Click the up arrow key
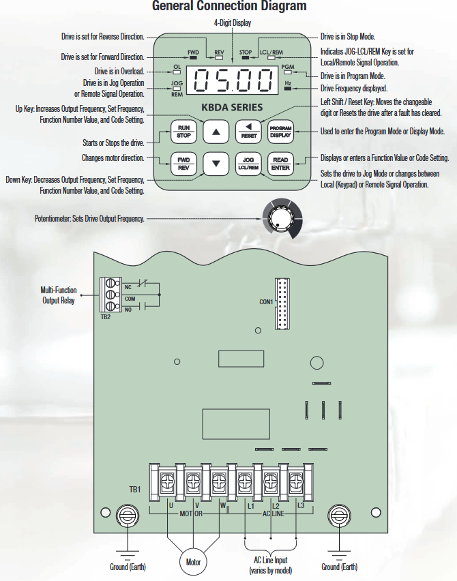click(x=216, y=132)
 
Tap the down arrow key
click(x=216, y=164)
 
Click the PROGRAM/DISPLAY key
click(x=280, y=132)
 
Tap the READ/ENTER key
click(x=280, y=164)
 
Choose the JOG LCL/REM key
click(x=248, y=164)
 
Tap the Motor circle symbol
click(x=194, y=562)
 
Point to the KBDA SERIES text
click(x=232, y=107)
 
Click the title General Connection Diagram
click(x=228, y=7)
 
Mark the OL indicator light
click(x=177, y=74)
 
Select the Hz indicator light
click(x=288, y=89)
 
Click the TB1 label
click(x=135, y=490)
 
